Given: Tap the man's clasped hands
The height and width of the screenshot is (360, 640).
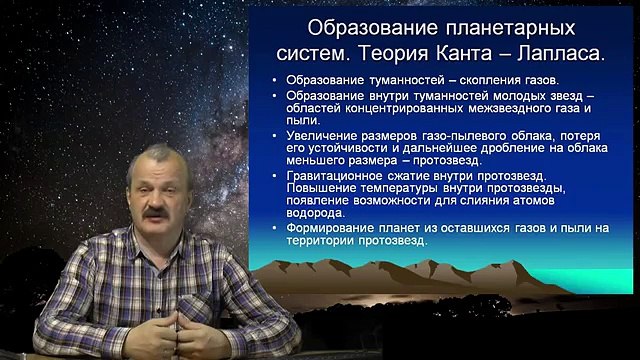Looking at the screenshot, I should point(177,325).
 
